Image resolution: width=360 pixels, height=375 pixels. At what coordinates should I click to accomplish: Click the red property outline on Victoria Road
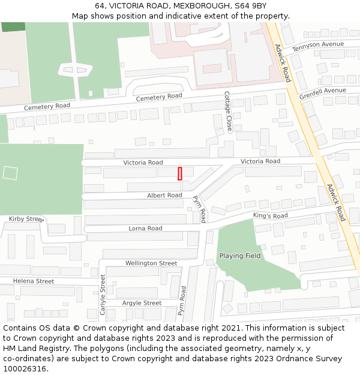coord(180,173)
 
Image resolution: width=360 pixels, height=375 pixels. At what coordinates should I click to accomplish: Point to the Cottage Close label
coord(227,112)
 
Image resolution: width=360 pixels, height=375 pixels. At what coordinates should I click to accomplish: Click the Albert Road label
coord(164,196)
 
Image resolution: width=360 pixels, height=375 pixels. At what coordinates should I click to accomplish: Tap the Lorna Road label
coord(145,229)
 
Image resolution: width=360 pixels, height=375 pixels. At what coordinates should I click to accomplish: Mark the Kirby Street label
coord(26,219)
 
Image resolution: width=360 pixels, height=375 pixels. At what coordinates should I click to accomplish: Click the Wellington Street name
coord(151,263)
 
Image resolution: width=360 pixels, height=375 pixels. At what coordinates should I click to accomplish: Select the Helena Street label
coord(34,281)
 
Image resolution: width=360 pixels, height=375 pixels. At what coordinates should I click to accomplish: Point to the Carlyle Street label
coord(103,295)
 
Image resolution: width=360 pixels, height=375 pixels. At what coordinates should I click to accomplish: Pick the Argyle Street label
coord(142,304)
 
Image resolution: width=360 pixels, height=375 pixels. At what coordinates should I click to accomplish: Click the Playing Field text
coord(239,256)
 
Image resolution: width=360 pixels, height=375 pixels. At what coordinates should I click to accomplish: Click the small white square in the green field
coord(10,173)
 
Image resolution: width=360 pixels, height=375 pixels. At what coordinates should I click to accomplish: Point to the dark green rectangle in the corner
coord(13,27)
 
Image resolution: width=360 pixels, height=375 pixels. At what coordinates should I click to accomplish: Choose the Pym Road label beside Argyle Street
coord(182,301)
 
